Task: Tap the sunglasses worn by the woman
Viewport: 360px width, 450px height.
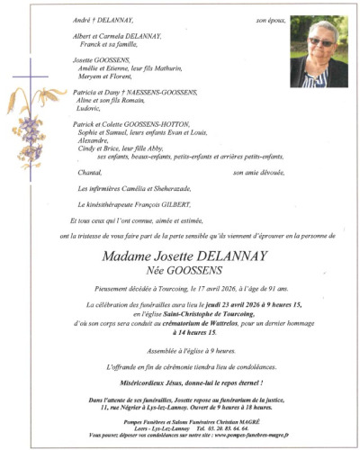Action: pos(319,41)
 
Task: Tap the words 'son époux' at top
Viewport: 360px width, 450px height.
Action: pos(268,19)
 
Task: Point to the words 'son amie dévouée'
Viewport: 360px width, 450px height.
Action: pos(257,171)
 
